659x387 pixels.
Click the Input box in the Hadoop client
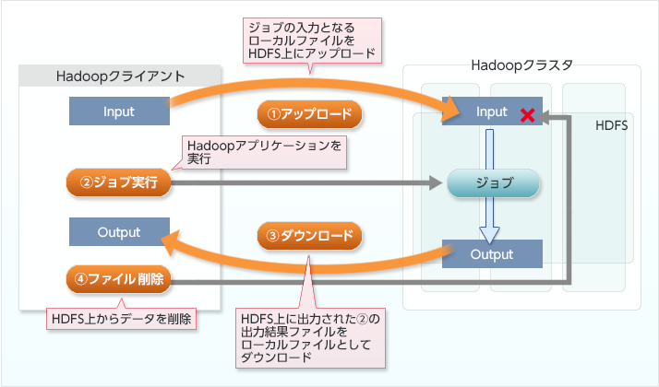[118, 111]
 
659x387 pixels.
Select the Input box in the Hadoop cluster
[491, 111]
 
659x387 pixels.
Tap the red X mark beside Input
[528, 115]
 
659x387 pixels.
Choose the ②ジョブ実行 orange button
[119, 182]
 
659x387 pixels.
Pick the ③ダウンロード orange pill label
[308, 236]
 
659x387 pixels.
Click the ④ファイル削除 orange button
[119, 278]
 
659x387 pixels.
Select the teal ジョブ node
[492, 182]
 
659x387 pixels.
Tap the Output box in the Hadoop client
[118, 231]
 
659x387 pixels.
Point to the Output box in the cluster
[491, 253]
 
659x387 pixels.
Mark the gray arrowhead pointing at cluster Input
[546, 114]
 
